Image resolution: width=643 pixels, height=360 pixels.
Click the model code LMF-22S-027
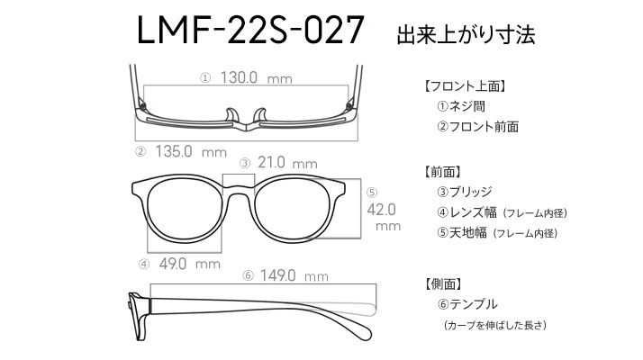click(250, 30)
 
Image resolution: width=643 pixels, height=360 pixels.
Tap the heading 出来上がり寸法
click(466, 34)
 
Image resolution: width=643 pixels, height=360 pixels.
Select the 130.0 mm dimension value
click(257, 77)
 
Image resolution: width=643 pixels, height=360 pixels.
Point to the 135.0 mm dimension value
click(191, 152)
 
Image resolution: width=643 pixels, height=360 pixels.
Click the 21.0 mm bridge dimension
click(287, 163)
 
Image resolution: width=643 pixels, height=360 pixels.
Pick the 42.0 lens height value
click(381, 210)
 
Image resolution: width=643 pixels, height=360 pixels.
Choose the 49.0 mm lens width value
click(189, 264)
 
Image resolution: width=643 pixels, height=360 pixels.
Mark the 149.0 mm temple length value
click(294, 275)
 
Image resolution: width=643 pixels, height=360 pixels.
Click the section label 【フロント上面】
click(465, 86)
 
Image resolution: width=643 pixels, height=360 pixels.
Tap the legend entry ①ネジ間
click(461, 106)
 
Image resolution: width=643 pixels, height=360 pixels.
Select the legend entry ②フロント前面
click(478, 127)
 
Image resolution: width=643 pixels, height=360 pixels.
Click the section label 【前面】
click(442, 172)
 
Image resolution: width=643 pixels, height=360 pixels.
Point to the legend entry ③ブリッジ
click(465, 192)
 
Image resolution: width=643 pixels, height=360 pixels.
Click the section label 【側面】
click(442, 284)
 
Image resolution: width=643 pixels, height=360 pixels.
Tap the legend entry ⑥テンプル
click(467, 304)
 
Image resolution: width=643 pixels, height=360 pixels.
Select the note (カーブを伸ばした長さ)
click(495, 325)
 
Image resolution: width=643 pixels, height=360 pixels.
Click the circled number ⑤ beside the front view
click(372, 193)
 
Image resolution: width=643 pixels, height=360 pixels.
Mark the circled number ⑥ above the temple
click(248, 275)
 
